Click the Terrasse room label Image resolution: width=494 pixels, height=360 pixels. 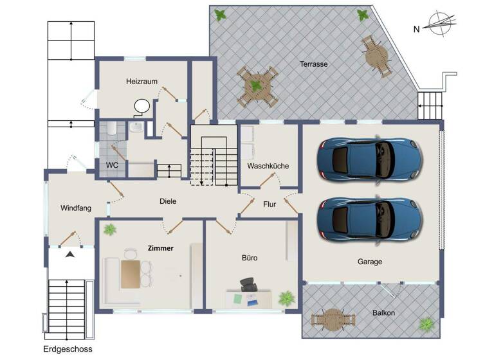click(x=314, y=64)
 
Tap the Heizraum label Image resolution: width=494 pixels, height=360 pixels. click(x=142, y=82)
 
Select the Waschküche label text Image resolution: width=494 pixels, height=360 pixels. click(x=268, y=166)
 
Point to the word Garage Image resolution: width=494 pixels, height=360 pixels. click(x=370, y=262)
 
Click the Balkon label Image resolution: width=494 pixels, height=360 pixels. click(x=383, y=313)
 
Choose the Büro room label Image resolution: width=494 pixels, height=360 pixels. click(x=250, y=258)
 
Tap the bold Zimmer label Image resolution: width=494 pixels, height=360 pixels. click(x=160, y=248)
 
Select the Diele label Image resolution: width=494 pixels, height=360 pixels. click(x=168, y=201)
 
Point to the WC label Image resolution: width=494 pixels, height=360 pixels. click(x=112, y=165)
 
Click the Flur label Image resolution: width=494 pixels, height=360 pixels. click(x=270, y=205)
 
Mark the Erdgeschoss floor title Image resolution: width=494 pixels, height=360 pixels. click(x=68, y=349)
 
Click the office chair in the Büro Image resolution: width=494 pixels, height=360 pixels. click(x=248, y=284)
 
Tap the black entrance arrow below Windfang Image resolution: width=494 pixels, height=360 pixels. click(x=69, y=255)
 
